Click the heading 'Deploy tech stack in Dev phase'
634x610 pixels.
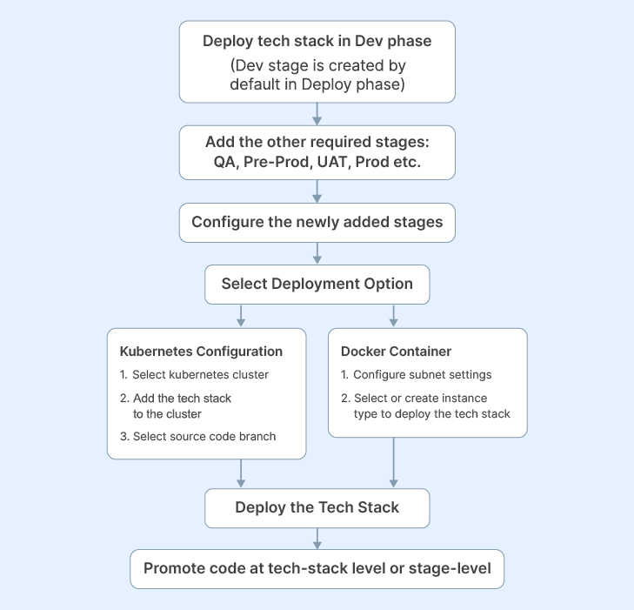317,41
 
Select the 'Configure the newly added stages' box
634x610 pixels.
317,222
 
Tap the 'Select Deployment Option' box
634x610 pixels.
317,284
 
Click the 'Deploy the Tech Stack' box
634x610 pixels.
317,507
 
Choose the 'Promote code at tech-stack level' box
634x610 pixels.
317,568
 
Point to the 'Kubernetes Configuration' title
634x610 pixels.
201,352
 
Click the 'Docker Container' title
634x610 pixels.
396,352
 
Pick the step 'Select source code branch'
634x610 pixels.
204,436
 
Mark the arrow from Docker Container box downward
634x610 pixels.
394,461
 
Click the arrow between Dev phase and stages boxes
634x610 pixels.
317,114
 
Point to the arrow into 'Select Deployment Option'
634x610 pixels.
317,253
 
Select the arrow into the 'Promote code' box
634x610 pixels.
317,539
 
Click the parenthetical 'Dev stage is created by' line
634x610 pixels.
317,65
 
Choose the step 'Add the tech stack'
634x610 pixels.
181,398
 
